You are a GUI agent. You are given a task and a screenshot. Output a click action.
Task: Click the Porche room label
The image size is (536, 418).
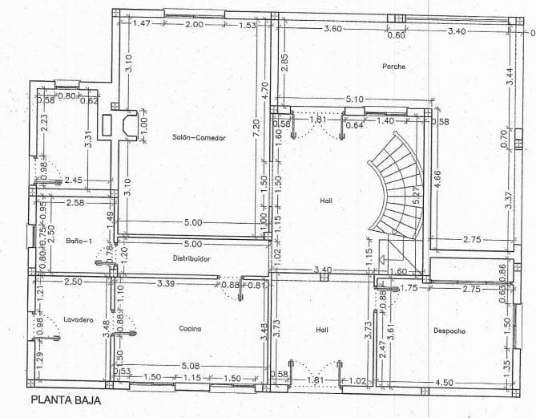(393, 66)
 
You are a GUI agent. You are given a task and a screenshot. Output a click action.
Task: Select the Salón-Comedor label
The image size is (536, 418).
(199, 138)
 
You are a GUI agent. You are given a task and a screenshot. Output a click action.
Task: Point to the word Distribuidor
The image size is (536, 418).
(191, 258)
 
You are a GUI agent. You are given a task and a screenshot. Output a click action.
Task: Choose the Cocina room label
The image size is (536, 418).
(190, 328)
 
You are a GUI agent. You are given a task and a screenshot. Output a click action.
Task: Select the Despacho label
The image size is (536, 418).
(449, 330)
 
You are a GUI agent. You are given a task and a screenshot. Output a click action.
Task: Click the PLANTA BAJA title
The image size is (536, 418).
(66, 400)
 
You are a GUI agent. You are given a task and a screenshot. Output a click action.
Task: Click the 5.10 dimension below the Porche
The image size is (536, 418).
(354, 99)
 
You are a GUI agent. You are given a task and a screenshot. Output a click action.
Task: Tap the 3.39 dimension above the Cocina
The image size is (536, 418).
(166, 283)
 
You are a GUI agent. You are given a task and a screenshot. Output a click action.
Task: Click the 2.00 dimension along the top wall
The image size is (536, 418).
(193, 25)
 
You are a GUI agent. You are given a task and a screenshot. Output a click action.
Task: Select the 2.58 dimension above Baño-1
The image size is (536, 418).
(76, 203)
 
